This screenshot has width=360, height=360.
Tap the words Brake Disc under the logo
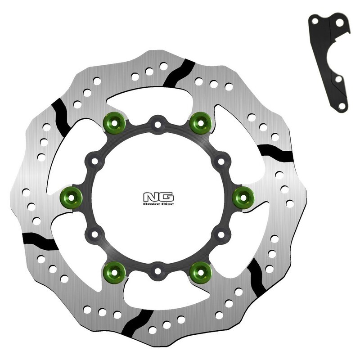(158, 204)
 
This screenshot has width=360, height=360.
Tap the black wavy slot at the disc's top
(178, 72)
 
